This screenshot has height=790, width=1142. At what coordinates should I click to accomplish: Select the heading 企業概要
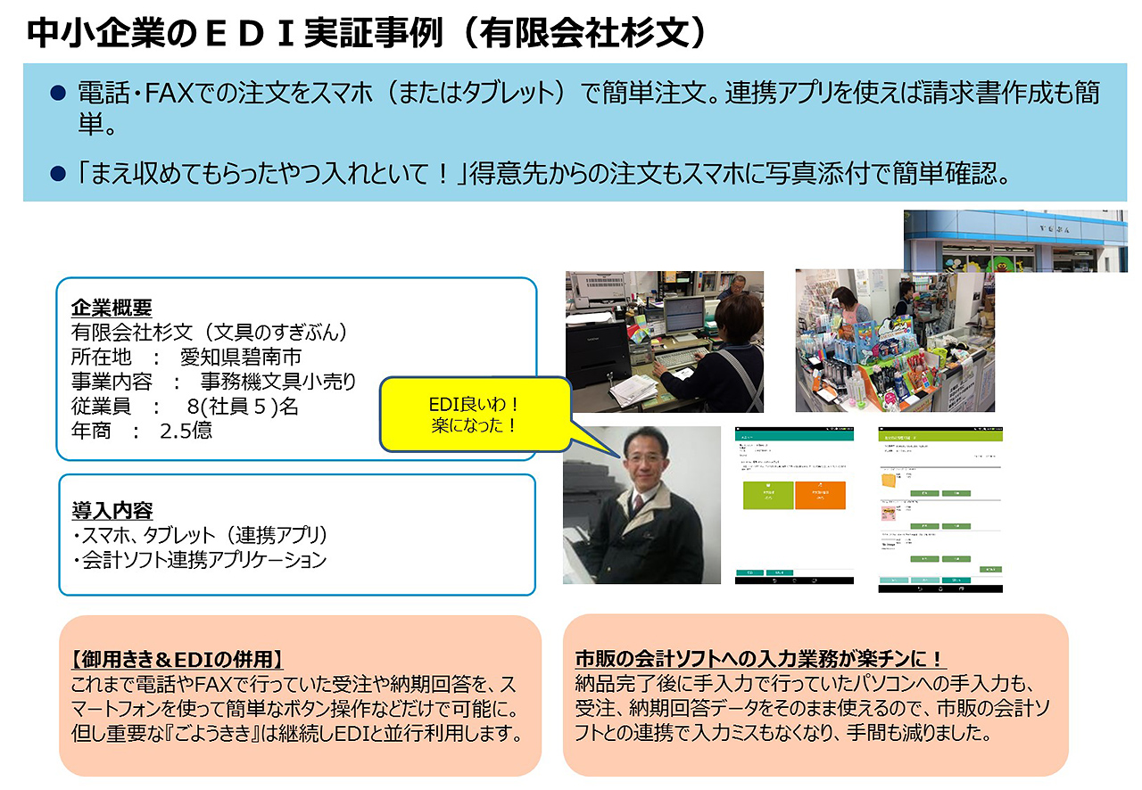click(112, 309)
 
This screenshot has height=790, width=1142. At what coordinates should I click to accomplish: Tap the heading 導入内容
click(112, 511)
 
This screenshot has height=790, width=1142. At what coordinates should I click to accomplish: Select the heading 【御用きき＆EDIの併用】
click(177, 660)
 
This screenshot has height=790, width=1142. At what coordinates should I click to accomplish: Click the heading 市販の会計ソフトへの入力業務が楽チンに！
click(760, 659)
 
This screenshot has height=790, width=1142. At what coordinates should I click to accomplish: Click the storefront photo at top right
click(1015, 241)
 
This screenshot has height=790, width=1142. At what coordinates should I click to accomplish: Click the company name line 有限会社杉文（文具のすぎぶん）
click(209, 333)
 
